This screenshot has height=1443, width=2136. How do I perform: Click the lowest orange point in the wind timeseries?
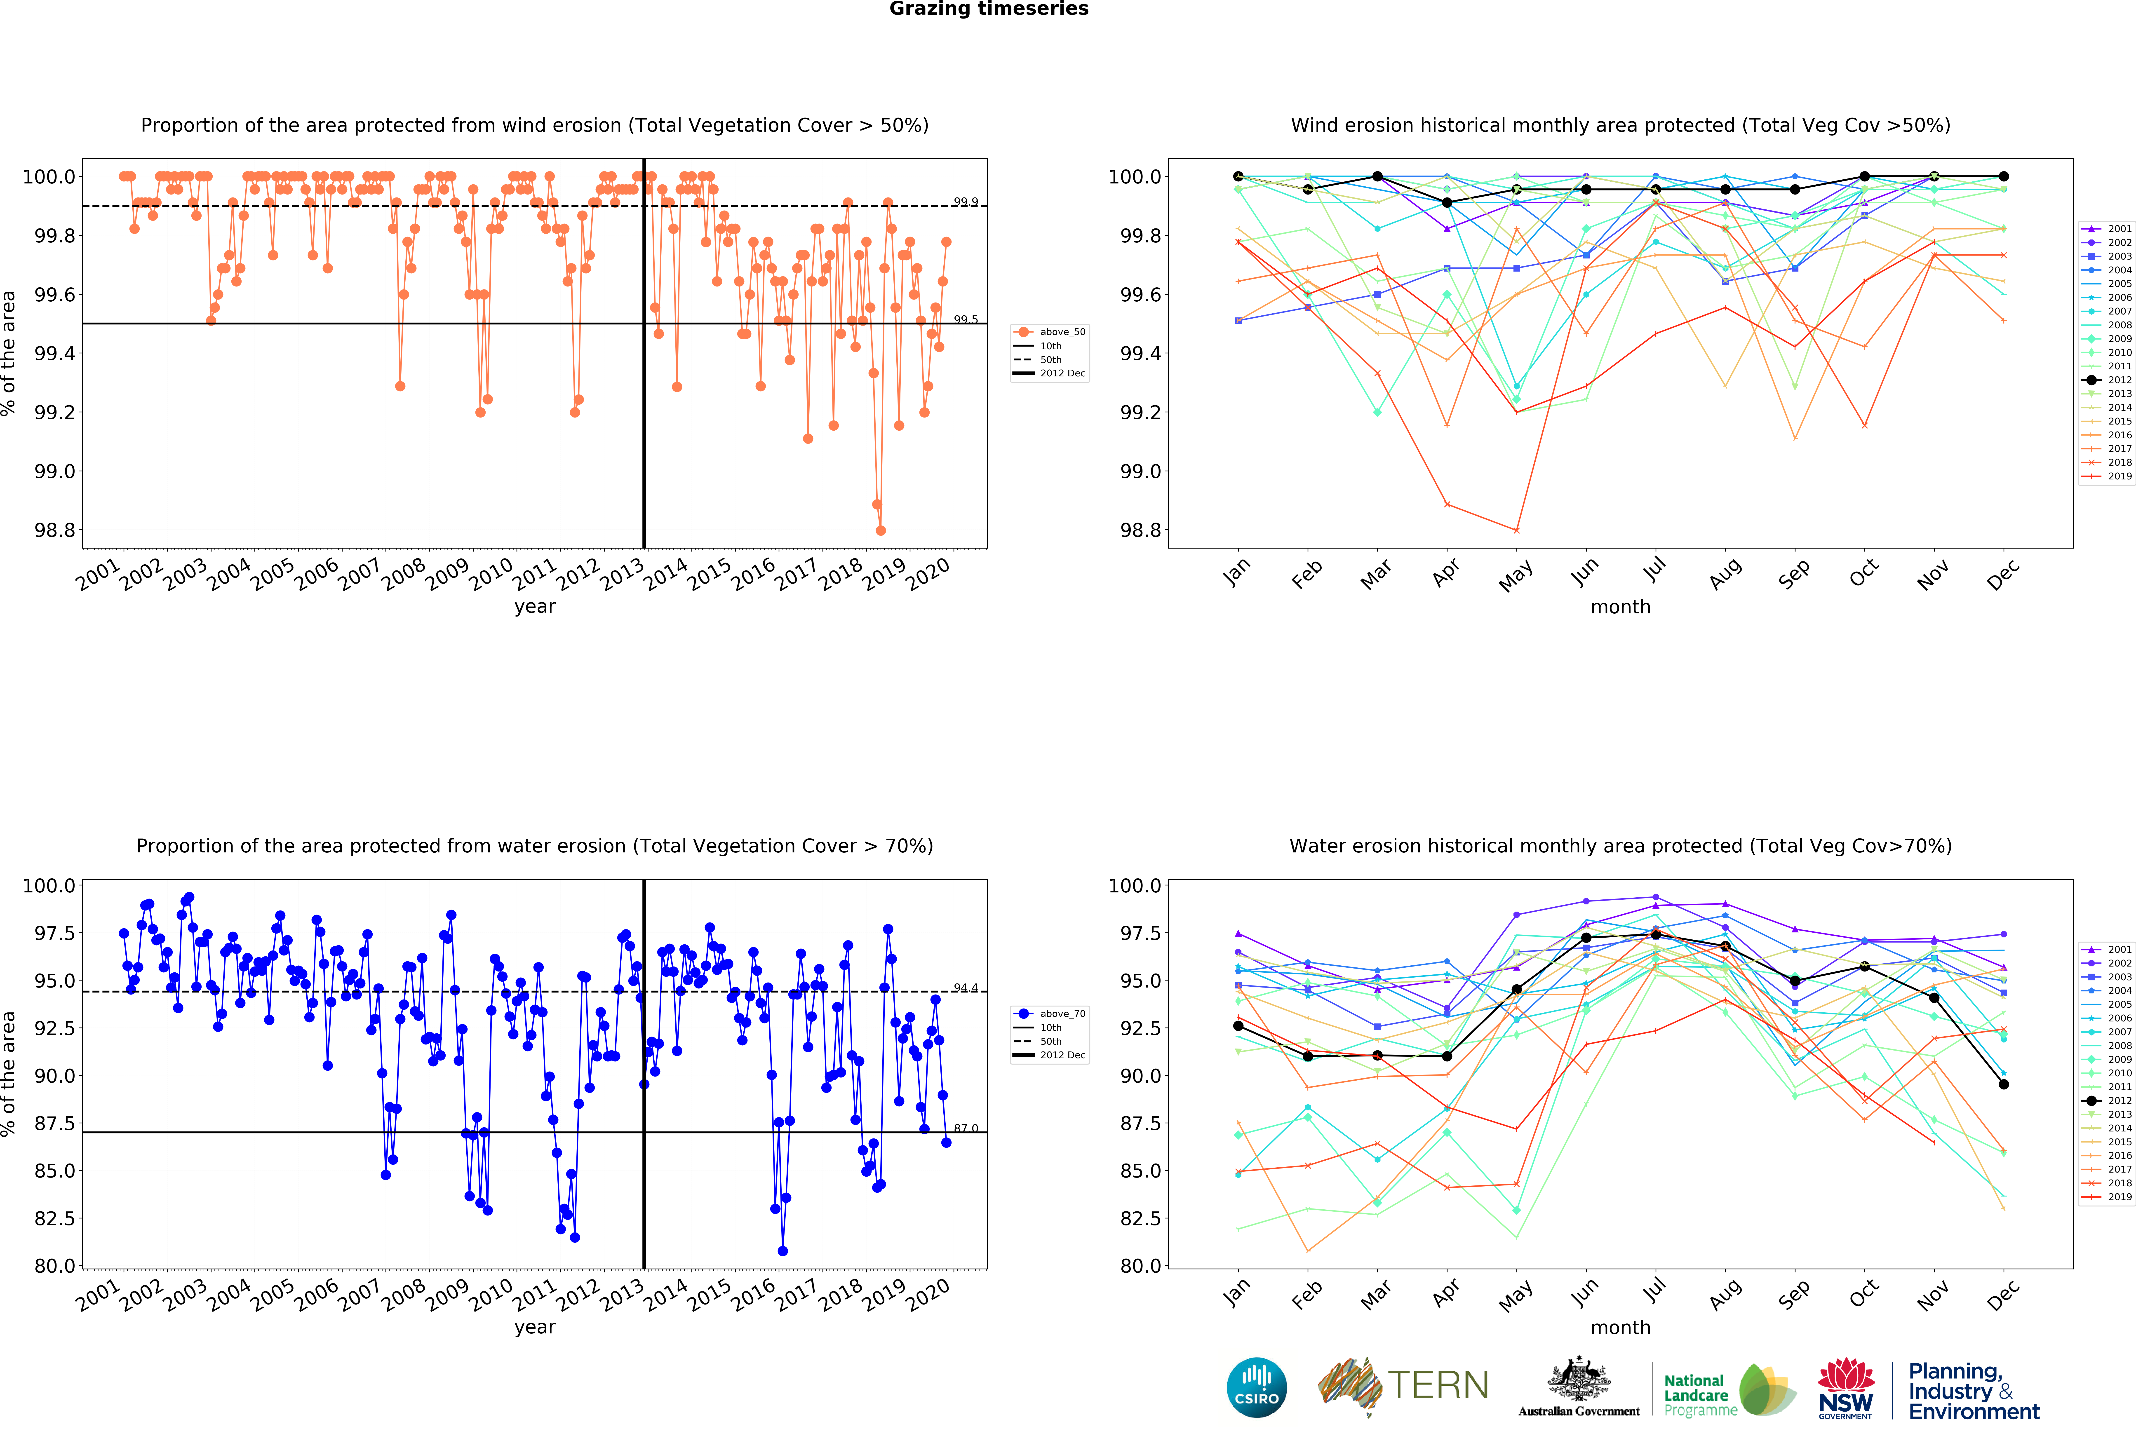pos(881,530)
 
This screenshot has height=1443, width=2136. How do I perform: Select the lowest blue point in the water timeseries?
pos(782,1251)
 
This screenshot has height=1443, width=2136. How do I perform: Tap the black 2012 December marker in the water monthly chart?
pos(2004,1084)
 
